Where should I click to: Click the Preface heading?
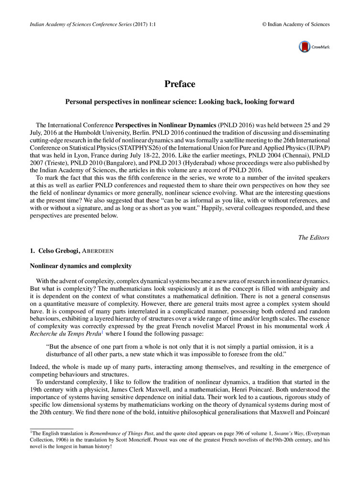coord(180,84)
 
